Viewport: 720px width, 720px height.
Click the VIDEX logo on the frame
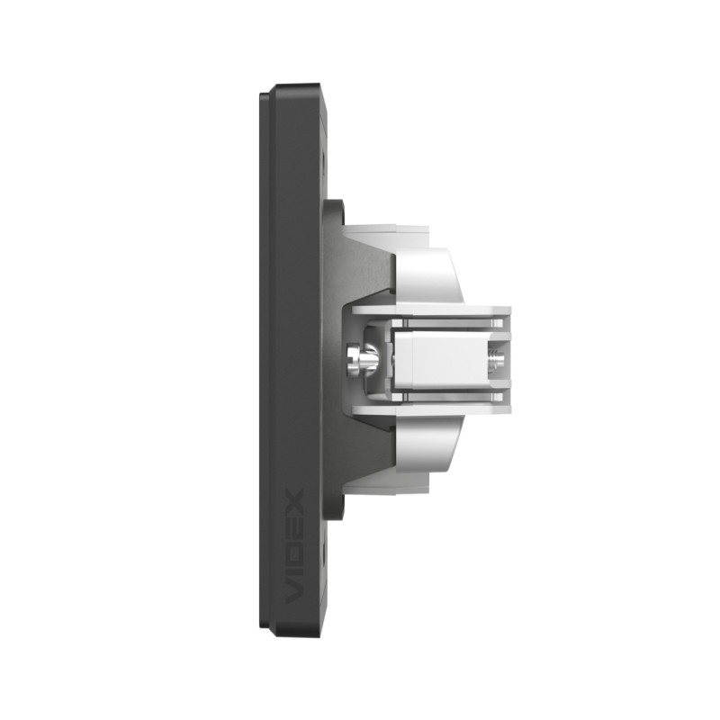(x=294, y=546)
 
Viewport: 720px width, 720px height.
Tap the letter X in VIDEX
(x=294, y=500)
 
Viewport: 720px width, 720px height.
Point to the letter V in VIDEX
(x=294, y=592)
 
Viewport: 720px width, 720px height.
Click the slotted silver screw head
(x=353, y=360)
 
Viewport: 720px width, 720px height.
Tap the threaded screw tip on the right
(x=497, y=359)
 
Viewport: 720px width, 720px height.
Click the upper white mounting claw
(x=429, y=275)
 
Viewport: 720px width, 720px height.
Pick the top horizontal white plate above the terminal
(x=432, y=310)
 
